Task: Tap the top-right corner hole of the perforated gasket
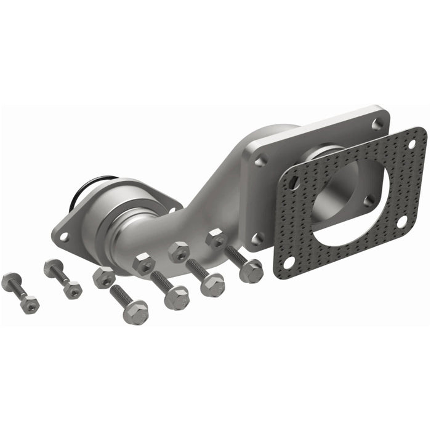click(x=413, y=143)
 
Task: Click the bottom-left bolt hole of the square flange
click(x=257, y=237)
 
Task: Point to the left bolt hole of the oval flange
click(x=64, y=235)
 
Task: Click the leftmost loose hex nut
click(x=103, y=277)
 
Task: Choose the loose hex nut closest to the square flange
click(x=216, y=238)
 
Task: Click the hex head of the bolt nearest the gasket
click(x=251, y=271)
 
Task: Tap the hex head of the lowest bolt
click(x=136, y=312)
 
